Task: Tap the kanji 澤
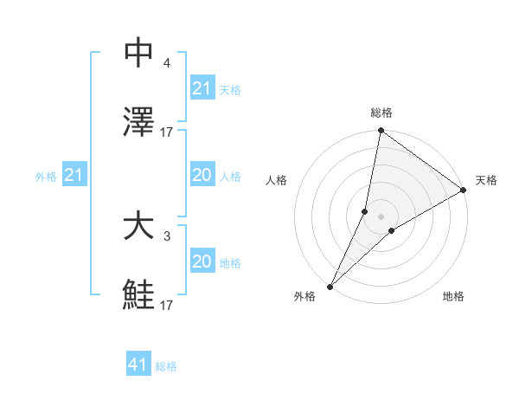[x=138, y=122]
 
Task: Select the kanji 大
[x=138, y=227]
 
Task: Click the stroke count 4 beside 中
[x=166, y=64]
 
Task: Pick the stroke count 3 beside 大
[x=166, y=236]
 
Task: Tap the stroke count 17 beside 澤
[x=167, y=132]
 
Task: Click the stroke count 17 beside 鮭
[x=167, y=305]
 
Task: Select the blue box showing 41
[x=138, y=365]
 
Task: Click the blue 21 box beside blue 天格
[x=202, y=88]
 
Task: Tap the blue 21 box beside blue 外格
[x=74, y=176]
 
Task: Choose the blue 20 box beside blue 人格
[x=202, y=176]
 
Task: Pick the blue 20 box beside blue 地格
[x=202, y=262]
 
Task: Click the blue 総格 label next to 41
[x=166, y=366]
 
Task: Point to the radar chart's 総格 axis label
[x=381, y=113]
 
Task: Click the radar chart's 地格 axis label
[x=453, y=297]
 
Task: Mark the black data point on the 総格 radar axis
[x=381, y=131]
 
